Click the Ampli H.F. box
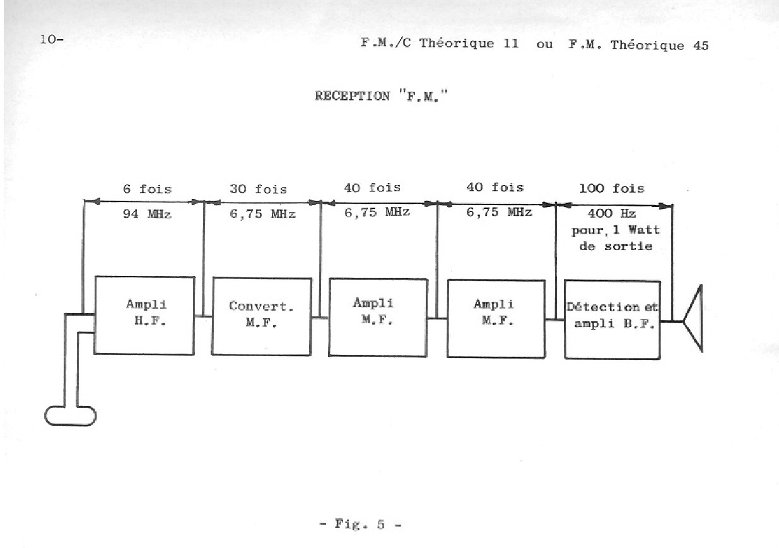tap(144, 316)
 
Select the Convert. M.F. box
tap(262, 316)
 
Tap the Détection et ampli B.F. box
tap(612, 319)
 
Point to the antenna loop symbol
tap(71, 416)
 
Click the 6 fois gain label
tap(148, 189)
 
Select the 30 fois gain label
tap(259, 189)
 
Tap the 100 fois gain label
tap(612, 188)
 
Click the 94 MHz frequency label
tap(147, 213)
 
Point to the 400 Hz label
tap(612, 213)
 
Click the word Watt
tap(644, 230)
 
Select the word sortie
tap(628, 246)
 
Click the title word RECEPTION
tap(353, 96)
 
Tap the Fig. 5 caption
tap(361, 524)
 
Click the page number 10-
tap(52, 39)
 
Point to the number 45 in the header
tap(701, 45)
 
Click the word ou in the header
tap(544, 45)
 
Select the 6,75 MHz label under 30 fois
tap(262, 213)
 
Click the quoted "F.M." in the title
tap(423, 95)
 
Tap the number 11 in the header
tap(511, 44)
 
